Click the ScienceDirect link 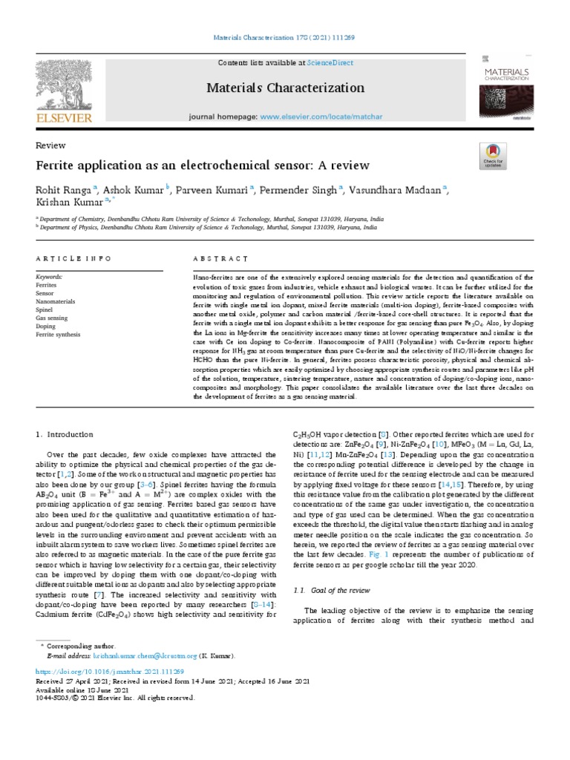point(313,63)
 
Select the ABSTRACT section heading point(221,259)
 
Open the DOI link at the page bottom point(111,670)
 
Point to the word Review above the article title point(50,145)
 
